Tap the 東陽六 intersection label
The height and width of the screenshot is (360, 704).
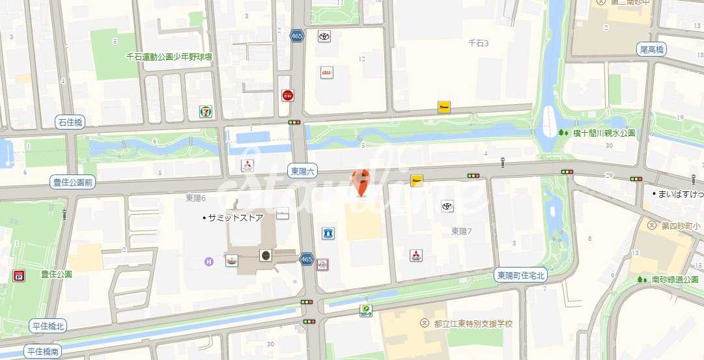303,171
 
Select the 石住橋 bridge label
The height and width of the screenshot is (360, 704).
71,122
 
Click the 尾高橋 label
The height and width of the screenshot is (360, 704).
651,49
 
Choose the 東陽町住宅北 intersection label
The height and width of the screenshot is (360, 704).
520,275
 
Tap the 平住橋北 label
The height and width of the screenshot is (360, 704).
48,326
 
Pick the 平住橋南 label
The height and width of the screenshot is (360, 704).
43,352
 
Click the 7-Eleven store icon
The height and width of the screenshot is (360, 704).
206,111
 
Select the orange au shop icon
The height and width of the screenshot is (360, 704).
327,73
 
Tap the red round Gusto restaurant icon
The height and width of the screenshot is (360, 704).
287,96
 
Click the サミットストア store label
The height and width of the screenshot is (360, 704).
234,218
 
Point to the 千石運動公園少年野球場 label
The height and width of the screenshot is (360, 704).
169,57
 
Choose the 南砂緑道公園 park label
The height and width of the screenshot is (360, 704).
675,279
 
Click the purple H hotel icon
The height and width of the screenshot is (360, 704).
208,262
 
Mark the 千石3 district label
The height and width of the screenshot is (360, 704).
478,44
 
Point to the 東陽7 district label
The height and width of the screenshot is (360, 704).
461,231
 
